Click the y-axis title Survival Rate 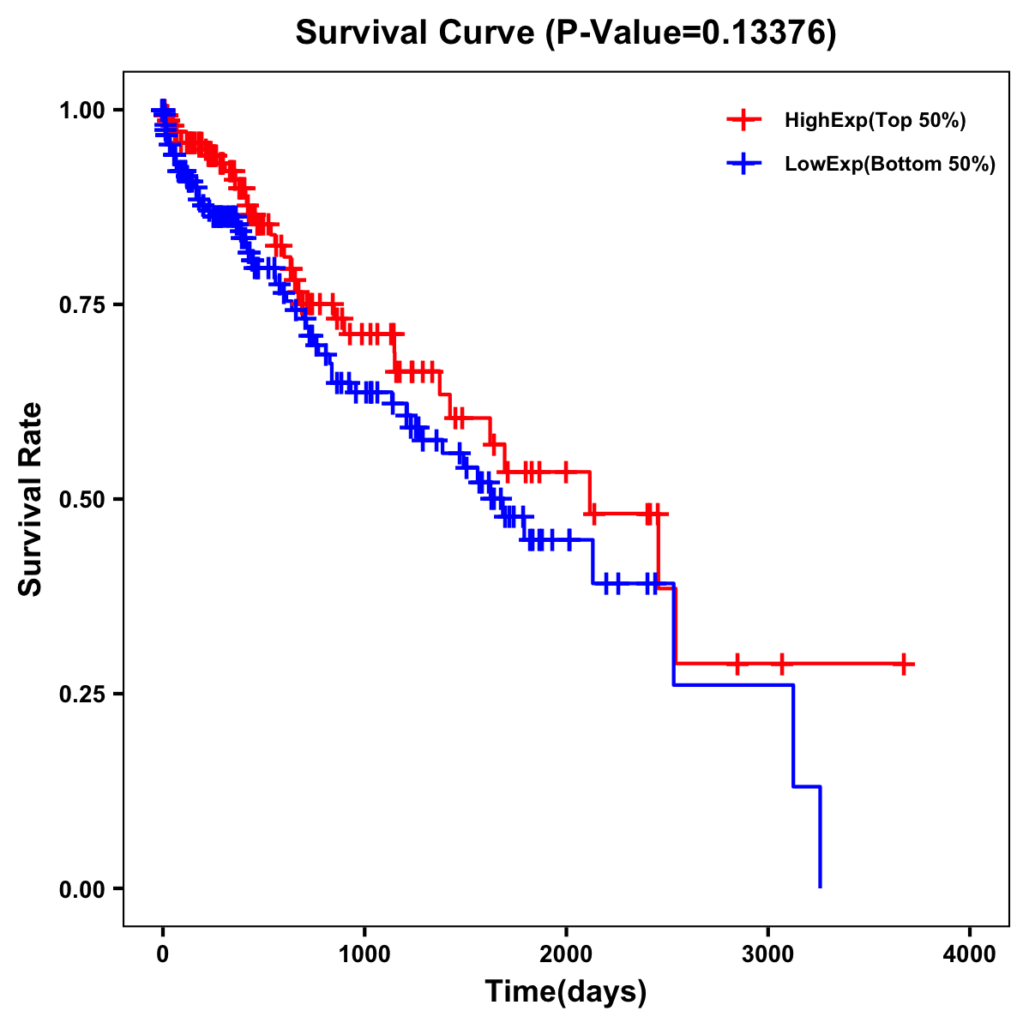(31, 499)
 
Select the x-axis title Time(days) (565, 991)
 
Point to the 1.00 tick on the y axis (81, 111)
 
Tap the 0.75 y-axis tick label (81, 305)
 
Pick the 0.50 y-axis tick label (81, 500)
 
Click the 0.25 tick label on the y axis (81, 695)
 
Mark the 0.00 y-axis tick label (81, 889)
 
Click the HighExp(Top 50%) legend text (875, 121)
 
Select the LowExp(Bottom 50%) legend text (890, 164)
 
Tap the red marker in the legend (743, 121)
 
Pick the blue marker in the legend (743, 164)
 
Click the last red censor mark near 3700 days (904, 664)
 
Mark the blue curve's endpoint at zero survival (821, 887)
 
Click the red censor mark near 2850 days (737, 664)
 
